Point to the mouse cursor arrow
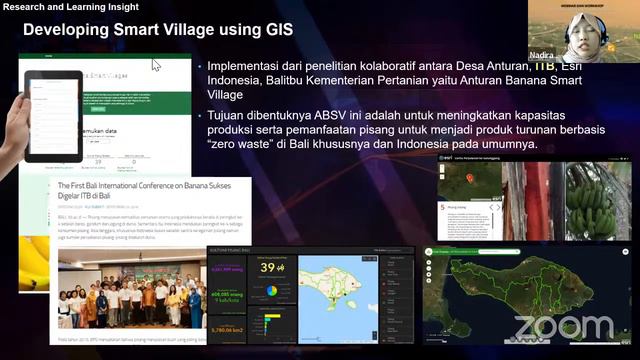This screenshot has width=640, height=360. click(x=156, y=65)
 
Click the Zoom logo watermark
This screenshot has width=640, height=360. click(x=564, y=328)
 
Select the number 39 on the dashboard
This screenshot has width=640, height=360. click(x=267, y=268)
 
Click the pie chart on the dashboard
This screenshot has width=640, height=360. click(x=271, y=291)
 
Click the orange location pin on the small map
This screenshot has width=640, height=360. click(x=470, y=180)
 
